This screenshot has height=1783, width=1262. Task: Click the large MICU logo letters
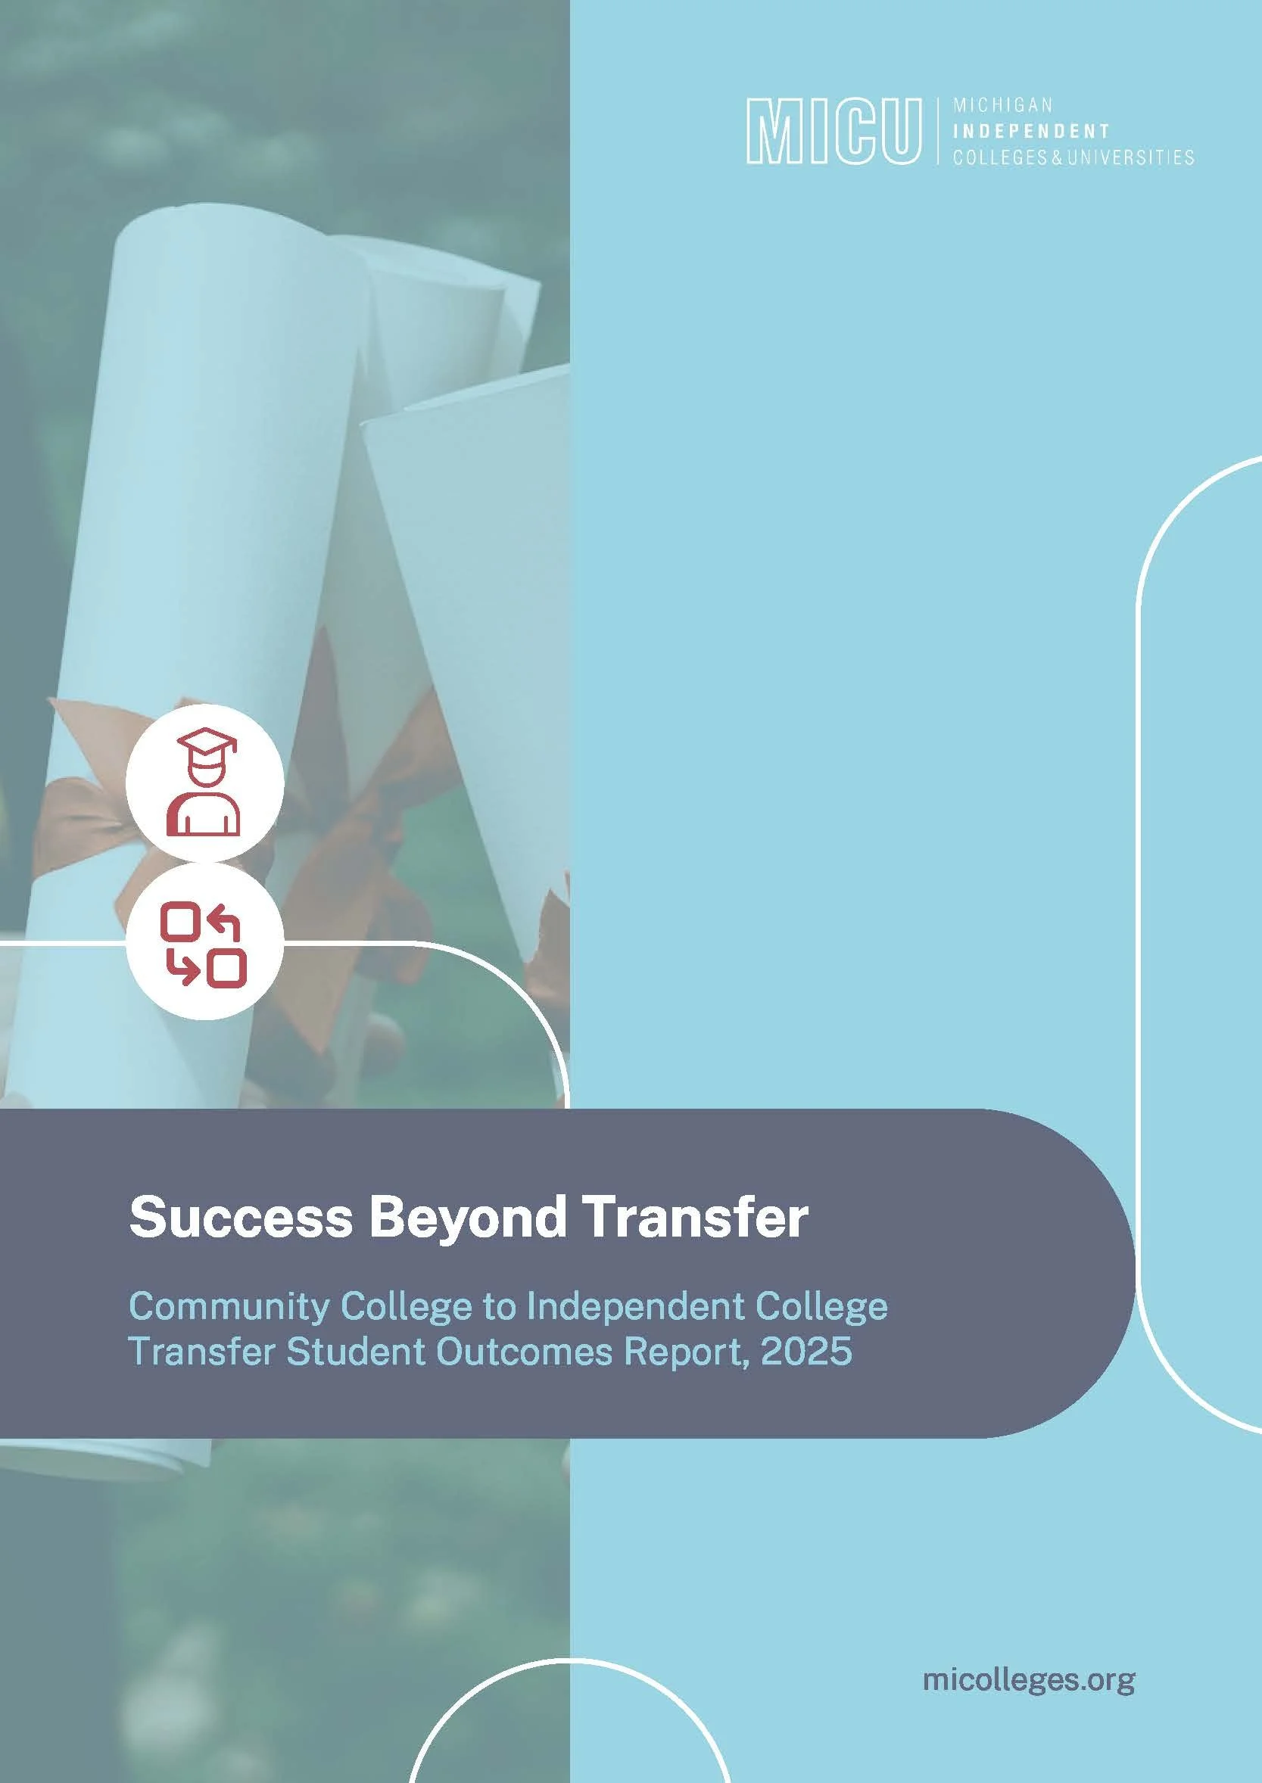tap(832, 130)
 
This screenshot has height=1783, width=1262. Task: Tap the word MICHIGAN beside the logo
tap(1002, 105)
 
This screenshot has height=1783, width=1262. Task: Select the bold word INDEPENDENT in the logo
tap(1030, 130)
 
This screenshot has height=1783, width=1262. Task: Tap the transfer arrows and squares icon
tap(204, 944)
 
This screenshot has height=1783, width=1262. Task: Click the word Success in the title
tap(241, 1218)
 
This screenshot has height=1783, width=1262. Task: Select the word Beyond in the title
tap(467, 1218)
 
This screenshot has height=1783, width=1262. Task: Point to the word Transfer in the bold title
tap(695, 1218)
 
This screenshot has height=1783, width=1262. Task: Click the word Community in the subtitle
tap(229, 1307)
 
